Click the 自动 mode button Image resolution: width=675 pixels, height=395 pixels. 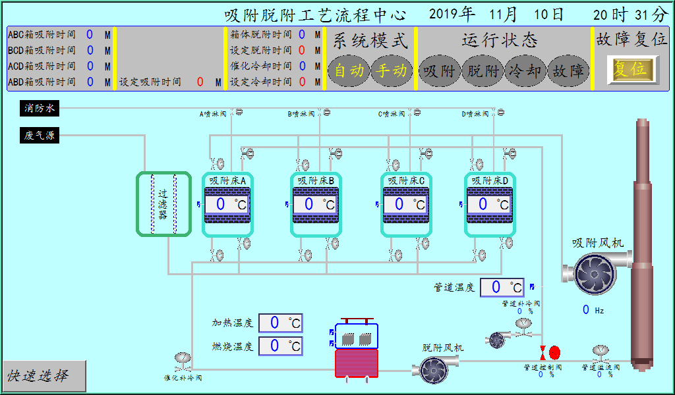[349, 70]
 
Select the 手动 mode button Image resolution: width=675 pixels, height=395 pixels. [392, 70]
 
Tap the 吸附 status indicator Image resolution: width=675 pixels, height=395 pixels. [439, 70]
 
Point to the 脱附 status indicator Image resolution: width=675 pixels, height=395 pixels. [483, 70]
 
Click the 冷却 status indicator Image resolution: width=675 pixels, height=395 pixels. [525, 70]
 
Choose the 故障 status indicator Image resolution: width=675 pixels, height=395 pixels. [568, 70]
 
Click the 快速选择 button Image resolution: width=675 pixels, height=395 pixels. [44, 375]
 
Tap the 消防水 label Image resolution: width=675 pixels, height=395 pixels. [40, 108]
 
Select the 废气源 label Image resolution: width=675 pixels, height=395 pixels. [40, 136]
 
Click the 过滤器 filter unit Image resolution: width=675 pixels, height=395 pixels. [163, 204]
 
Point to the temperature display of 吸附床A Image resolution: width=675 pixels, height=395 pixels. [227, 204]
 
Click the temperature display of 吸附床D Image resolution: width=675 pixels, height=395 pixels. [490, 204]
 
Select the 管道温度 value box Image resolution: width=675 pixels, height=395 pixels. [502, 288]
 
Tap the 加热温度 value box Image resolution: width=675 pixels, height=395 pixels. [280, 323]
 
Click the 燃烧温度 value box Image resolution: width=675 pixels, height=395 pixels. [280, 346]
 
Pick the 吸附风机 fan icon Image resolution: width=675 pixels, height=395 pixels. [591, 273]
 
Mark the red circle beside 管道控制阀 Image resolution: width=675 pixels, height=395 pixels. [554, 352]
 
